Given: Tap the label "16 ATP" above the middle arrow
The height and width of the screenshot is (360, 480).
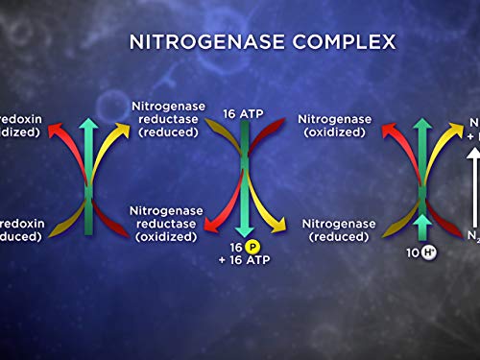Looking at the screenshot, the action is pyautogui.click(x=243, y=113).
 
